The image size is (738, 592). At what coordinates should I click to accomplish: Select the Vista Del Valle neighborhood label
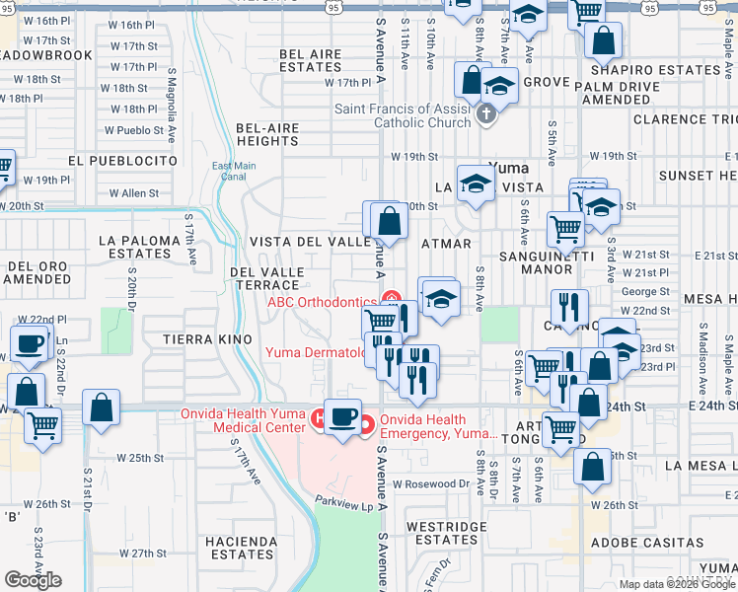(310, 243)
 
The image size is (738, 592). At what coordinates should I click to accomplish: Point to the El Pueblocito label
(123, 160)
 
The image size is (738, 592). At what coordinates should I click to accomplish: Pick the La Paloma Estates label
(140, 247)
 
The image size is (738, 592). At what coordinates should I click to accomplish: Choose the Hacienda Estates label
(241, 548)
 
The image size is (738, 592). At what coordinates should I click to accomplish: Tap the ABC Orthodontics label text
(323, 302)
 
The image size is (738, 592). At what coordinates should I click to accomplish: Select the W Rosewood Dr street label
(431, 483)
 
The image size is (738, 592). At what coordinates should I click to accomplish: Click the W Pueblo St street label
(135, 130)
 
